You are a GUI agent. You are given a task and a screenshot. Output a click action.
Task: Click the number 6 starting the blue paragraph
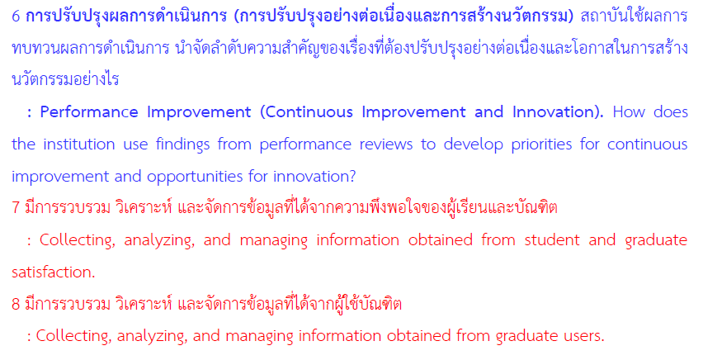pyautogui.click(x=16, y=17)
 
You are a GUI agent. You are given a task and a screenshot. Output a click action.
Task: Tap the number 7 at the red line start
pyautogui.click(x=16, y=208)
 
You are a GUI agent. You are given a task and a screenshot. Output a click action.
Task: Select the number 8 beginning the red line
pyautogui.click(x=16, y=305)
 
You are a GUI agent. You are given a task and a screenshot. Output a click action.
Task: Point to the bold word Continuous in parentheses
pyautogui.click(x=309, y=111)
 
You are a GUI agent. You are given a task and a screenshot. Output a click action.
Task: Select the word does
pyautogui.click(x=671, y=111)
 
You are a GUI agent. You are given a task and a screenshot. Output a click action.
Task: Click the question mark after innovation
pyautogui.click(x=352, y=177)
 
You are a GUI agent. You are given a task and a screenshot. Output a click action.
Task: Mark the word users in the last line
pyautogui.click(x=582, y=336)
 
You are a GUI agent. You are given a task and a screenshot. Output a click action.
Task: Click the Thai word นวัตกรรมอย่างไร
pyautogui.click(x=65, y=79)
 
